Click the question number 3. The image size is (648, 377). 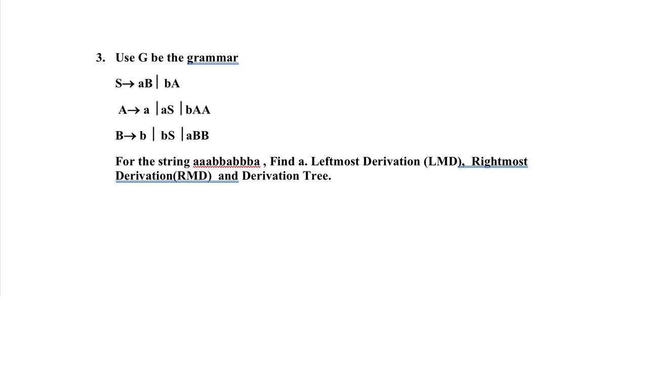point(100,58)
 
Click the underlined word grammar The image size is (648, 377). point(212,58)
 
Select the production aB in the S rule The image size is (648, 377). point(145,83)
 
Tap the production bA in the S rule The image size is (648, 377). point(172,83)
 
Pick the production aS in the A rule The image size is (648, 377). point(167,110)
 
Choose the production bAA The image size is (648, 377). point(198,110)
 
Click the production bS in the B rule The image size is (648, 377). point(168,136)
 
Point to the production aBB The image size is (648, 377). point(197,136)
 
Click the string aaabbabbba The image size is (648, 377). point(226,161)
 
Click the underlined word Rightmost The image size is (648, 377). point(499,161)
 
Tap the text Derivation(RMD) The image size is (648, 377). point(164,176)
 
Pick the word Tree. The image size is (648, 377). point(316,176)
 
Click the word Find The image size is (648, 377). point(282,161)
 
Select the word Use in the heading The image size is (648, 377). point(125,58)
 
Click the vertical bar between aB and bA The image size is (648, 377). point(157,82)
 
